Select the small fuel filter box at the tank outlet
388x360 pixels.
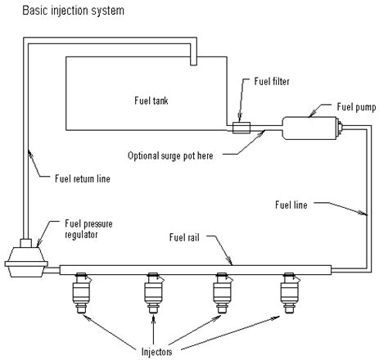241,128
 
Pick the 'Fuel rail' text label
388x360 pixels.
187,239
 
